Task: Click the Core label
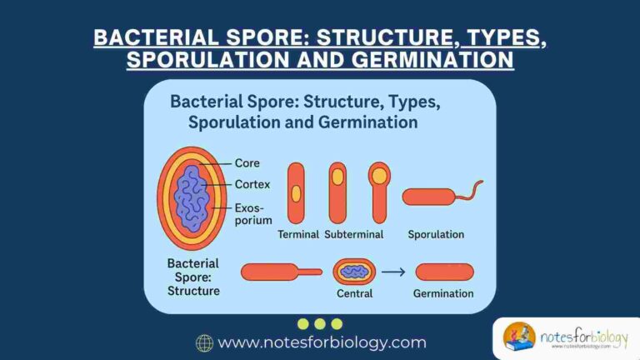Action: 248,163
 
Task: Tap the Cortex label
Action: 253,184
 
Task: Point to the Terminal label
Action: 297,234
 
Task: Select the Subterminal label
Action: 354,234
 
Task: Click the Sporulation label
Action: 436,234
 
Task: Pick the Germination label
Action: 443,293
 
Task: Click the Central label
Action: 354,293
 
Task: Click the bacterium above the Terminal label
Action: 296,192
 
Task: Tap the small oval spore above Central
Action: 354,271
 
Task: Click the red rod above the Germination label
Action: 444,271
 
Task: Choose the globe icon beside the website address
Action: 204,342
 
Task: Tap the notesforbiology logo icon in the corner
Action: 519,337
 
